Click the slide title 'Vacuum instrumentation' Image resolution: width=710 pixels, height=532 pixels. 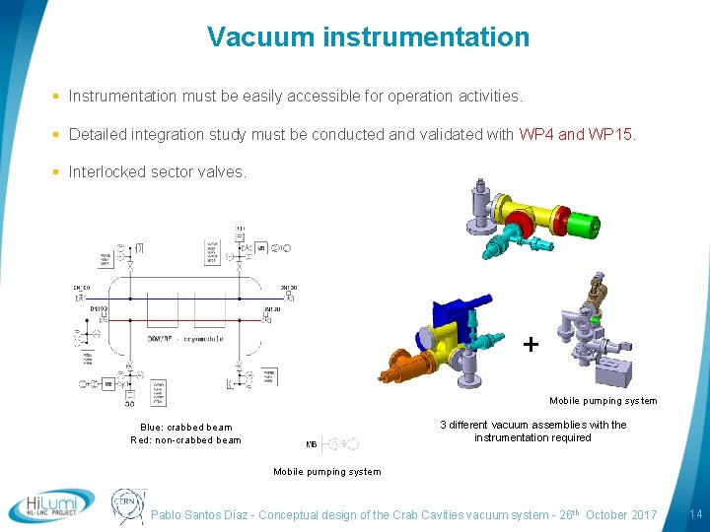(x=368, y=37)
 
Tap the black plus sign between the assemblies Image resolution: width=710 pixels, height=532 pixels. (x=532, y=344)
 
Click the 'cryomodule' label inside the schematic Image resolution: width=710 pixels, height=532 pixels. (x=201, y=339)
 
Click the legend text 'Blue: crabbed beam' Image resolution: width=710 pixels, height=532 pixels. (x=186, y=427)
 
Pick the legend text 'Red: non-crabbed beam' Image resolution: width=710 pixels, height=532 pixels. (x=185, y=440)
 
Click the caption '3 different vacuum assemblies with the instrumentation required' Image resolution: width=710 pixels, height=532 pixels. (x=532, y=431)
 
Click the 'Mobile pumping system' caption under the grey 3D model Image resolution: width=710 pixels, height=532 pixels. (x=603, y=401)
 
